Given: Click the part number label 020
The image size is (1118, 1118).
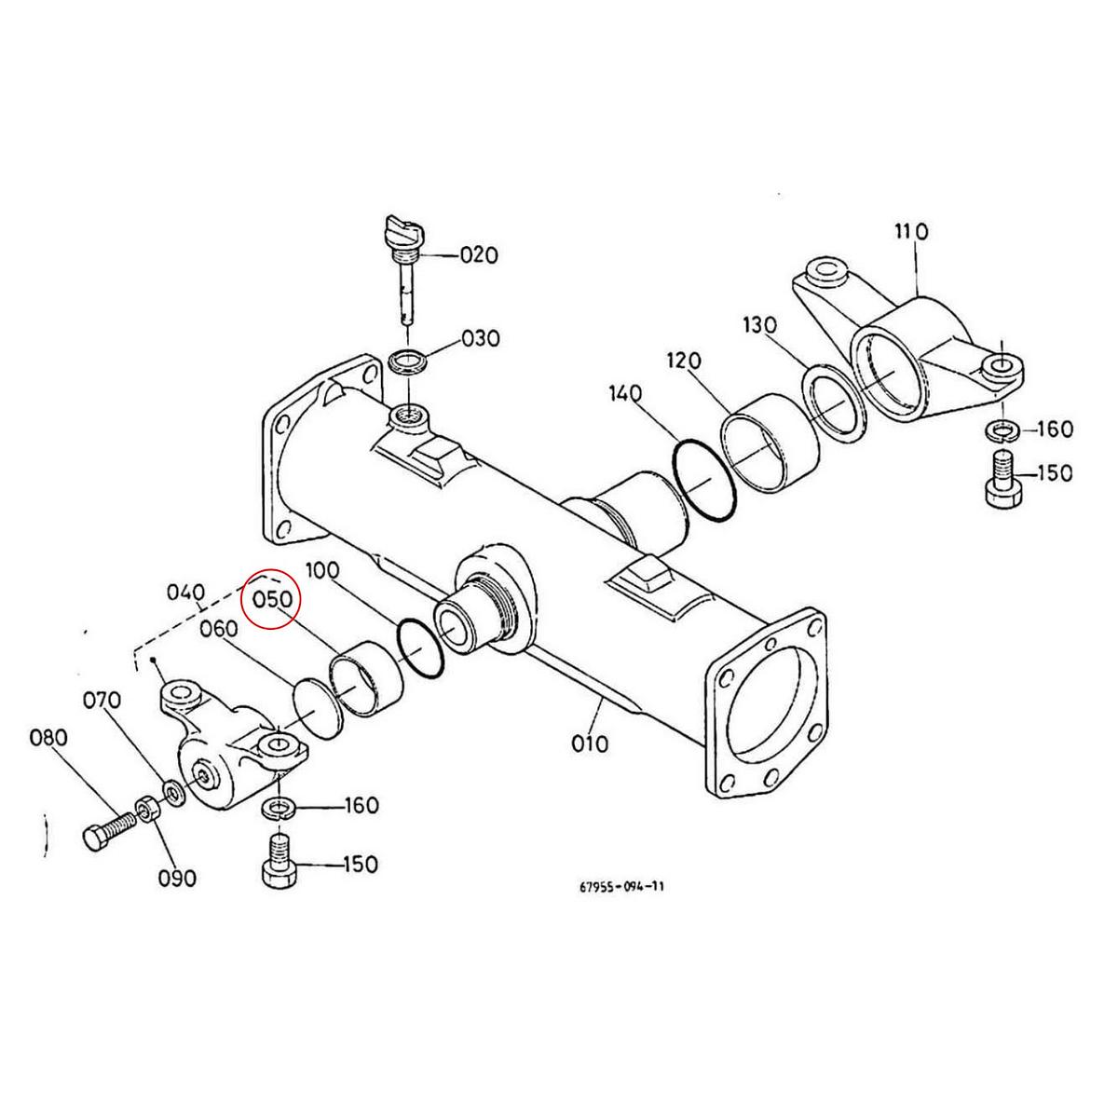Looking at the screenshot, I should [x=480, y=255].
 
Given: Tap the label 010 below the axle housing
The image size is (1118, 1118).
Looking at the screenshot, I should [x=590, y=743].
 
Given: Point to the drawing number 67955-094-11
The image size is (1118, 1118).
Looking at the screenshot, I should [x=620, y=887].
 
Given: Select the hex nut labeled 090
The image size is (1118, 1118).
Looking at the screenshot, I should [x=146, y=809].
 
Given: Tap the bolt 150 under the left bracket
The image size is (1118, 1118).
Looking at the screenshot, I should [x=277, y=863].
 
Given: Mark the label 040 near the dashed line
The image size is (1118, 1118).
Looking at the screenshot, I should [x=184, y=593].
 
